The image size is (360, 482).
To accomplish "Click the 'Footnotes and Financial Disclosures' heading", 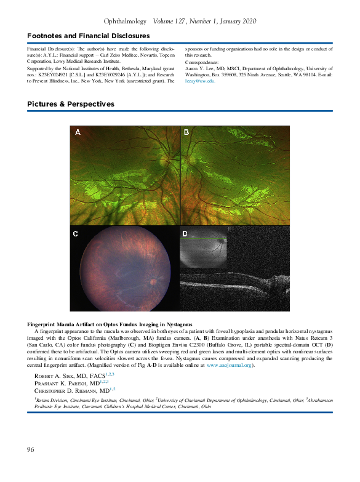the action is click(88, 36).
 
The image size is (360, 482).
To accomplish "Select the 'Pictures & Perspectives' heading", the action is click(71, 104).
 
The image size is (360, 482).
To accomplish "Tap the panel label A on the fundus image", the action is click(78, 132).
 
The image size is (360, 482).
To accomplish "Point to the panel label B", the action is click(186, 132).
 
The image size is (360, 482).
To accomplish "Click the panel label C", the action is click(76, 233).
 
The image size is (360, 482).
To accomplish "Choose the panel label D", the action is click(185, 233).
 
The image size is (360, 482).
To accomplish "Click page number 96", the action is click(31, 449).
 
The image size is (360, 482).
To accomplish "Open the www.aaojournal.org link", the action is click(228, 365).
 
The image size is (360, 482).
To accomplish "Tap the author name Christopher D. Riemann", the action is click(69, 390).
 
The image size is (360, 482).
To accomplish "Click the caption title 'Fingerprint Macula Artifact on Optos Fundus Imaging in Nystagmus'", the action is click(110, 324).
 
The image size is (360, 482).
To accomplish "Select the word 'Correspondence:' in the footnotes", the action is click(201, 62).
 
